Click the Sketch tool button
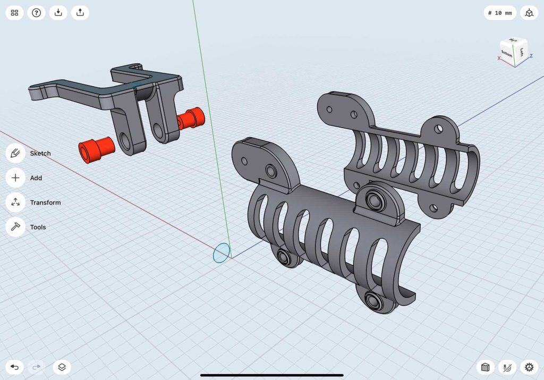pyautogui.click(x=15, y=153)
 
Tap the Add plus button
pyautogui.click(x=15, y=178)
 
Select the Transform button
pyautogui.click(x=15, y=202)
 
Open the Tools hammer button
pyautogui.click(x=15, y=227)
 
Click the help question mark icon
pyautogui.click(x=36, y=13)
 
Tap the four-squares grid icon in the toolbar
pyautogui.click(x=14, y=13)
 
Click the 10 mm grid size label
pyautogui.click(x=500, y=13)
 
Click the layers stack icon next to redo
pyautogui.click(x=62, y=367)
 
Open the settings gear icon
pyautogui.click(x=529, y=367)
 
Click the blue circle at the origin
pyautogui.click(x=222, y=253)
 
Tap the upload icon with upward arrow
pyautogui.click(x=80, y=13)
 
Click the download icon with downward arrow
pyautogui.click(x=58, y=13)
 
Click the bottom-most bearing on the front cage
pyautogui.click(x=376, y=301)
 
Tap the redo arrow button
pyautogui.click(x=37, y=367)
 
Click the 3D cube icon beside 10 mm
pyautogui.click(x=529, y=13)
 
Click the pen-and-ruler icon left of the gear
pyautogui.click(x=507, y=367)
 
